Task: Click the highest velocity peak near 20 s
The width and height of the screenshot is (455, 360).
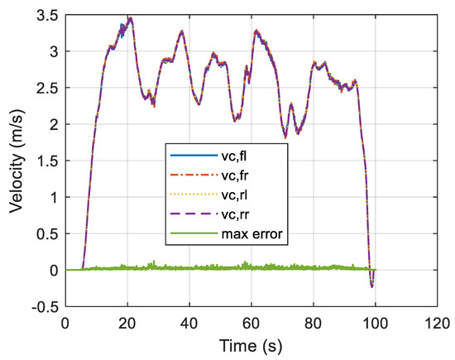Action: tap(130, 18)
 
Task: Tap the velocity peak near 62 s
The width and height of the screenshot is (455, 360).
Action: tap(256, 31)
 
